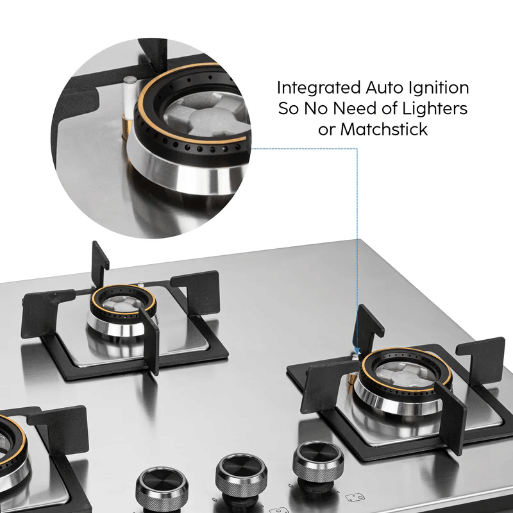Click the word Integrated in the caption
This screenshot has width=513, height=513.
tap(319, 88)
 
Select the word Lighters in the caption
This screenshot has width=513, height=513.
tap(435, 108)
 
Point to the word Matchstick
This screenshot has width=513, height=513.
tap(383, 130)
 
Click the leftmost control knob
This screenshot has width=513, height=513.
tap(162, 489)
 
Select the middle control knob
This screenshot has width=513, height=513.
tap(241, 476)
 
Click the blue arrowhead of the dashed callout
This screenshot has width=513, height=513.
tap(357, 351)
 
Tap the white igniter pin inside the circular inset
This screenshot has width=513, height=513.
tap(129, 96)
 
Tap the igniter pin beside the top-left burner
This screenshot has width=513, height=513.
tap(140, 283)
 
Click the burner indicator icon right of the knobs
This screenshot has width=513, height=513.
tap(355, 498)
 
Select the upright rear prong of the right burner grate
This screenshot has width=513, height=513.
tap(367, 328)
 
